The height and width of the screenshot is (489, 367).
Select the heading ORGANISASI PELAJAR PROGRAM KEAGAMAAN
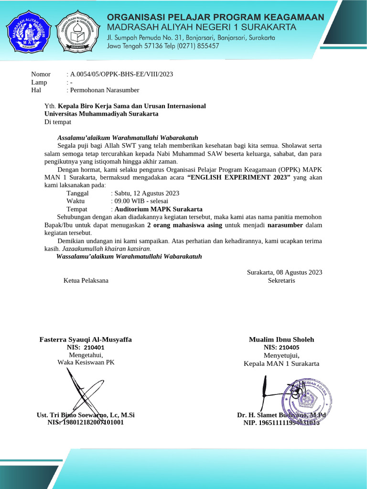click(215, 17)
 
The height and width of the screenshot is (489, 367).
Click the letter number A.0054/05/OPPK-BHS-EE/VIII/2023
click(121, 74)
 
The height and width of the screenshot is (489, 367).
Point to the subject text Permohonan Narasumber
click(105, 90)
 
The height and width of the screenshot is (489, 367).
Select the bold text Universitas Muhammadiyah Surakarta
click(101, 114)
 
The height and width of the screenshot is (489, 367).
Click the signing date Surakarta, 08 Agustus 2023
click(284, 272)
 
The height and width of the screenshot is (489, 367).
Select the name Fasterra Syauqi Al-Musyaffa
click(86, 340)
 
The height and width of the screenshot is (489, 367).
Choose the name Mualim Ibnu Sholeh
click(281, 340)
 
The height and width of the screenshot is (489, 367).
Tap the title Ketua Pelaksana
click(86, 280)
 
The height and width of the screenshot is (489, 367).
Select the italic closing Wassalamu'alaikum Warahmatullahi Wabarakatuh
click(129, 256)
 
